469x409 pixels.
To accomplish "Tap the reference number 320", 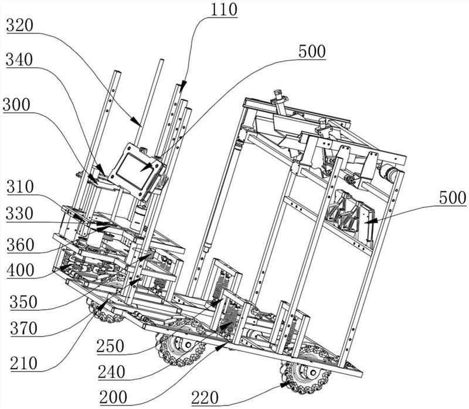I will (x=21, y=25).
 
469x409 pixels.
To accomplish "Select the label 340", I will (x=21, y=60).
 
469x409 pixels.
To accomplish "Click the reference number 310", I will (x=21, y=188).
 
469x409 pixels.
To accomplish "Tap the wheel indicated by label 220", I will (x=301, y=377).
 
